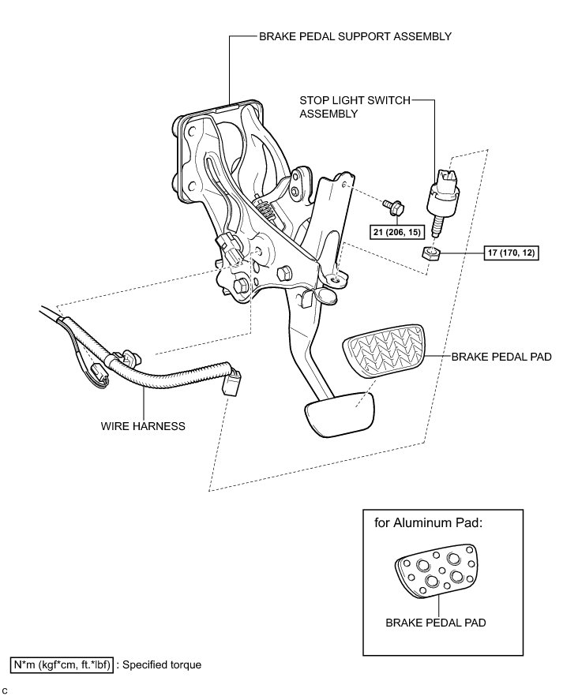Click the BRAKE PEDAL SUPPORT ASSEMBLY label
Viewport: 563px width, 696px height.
tap(355, 36)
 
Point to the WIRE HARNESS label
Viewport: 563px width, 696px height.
tap(143, 426)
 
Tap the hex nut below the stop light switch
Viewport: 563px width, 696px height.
tap(430, 253)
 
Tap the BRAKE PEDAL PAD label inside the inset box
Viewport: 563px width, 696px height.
tap(435, 623)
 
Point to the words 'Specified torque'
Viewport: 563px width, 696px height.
tap(162, 664)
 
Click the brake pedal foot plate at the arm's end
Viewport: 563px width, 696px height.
tap(337, 415)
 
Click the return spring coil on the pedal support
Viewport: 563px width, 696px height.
tap(267, 210)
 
